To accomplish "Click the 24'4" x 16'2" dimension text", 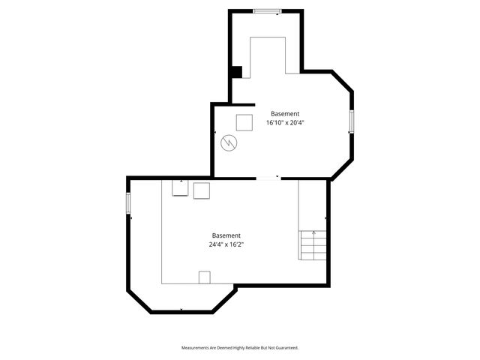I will click(x=226, y=244).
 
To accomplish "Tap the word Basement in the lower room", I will click(x=226, y=235).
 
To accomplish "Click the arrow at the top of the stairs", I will click(x=313, y=233).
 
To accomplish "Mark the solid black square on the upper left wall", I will click(x=236, y=72).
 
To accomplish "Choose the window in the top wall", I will click(x=267, y=10).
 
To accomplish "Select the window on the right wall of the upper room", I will click(x=351, y=121).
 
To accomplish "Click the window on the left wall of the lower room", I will click(x=128, y=202).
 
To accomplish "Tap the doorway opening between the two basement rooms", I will click(x=268, y=178).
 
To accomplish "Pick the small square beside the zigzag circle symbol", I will click(x=244, y=121).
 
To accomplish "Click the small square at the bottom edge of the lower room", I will click(x=205, y=277).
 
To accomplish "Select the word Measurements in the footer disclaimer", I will click(x=197, y=348).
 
